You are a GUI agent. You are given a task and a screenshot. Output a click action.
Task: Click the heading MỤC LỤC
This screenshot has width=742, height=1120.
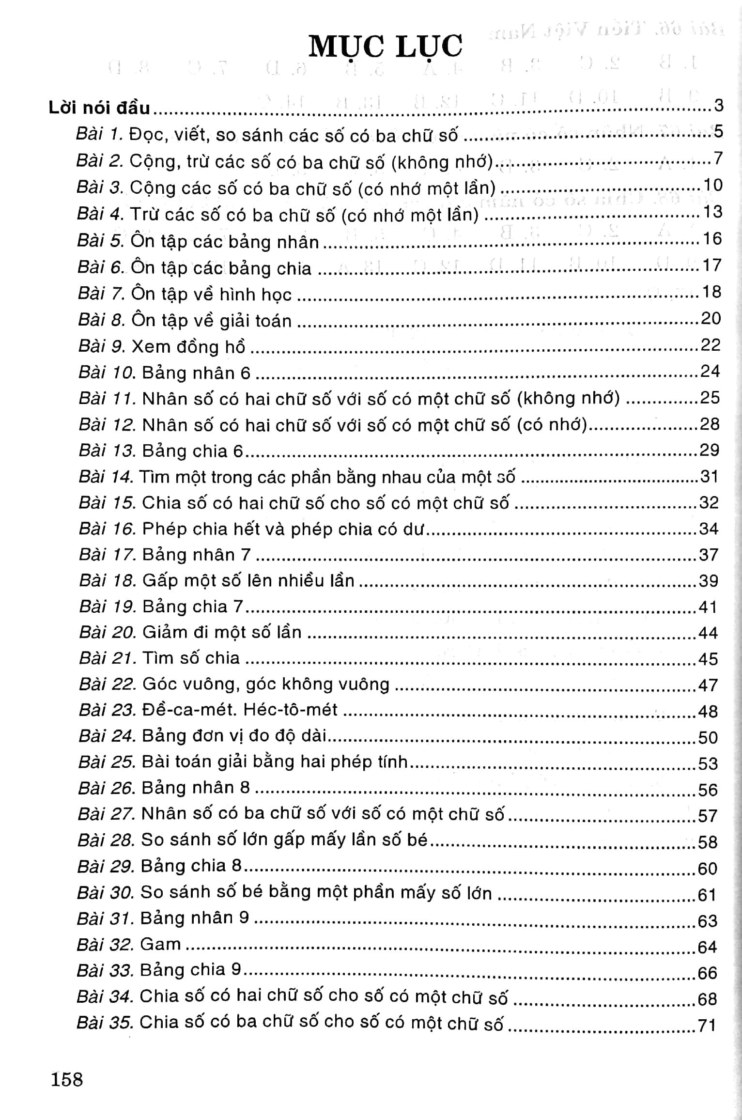(x=385, y=47)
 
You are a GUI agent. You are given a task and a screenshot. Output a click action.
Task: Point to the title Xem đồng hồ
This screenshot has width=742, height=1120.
(x=189, y=347)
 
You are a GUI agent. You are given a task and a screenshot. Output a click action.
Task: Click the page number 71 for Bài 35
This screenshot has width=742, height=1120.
(x=707, y=1026)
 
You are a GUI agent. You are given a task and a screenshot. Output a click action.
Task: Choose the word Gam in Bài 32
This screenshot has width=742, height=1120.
(x=160, y=944)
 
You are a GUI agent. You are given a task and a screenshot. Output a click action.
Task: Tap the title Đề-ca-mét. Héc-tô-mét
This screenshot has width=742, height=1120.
(x=240, y=710)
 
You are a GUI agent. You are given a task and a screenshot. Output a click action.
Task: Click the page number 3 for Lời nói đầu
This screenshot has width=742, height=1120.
(x=718, y=105)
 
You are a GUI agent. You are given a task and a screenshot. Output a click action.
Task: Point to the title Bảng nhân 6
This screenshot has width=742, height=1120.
(x=197, y=373)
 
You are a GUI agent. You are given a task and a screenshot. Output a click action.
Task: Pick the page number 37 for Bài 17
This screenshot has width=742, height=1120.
(x=708, y=555)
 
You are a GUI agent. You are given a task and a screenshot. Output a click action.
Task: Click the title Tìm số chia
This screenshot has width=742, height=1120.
(x=191, y=658)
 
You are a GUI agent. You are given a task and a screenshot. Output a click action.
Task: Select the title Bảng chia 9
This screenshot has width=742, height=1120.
(x=190, y=970)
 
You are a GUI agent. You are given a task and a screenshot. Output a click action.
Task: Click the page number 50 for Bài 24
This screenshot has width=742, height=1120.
(x=708, y=737)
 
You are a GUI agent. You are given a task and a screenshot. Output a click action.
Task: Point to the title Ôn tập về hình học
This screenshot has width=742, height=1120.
(x=212, y=295)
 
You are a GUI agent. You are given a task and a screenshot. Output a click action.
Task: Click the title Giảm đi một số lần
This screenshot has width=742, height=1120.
(x=222, y=632)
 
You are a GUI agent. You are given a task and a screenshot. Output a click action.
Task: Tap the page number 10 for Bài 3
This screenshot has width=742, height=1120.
(x=711, y=185)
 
